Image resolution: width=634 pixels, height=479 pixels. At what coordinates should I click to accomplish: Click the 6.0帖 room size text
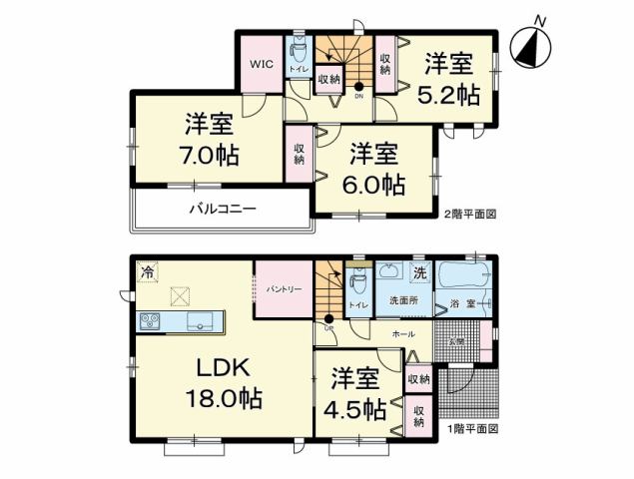point(374,185)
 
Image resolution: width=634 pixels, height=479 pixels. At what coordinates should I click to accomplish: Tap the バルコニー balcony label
point(224,210)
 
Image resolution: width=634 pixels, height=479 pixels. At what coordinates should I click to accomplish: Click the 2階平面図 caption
point(468,214)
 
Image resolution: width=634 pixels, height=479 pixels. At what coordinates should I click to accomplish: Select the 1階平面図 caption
point(472,428)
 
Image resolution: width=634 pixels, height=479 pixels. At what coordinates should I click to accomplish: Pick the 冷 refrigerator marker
point(148,271)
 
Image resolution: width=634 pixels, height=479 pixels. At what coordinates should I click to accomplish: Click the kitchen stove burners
point(151,321)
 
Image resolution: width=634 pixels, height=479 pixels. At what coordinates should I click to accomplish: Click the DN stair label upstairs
point(359,97)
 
